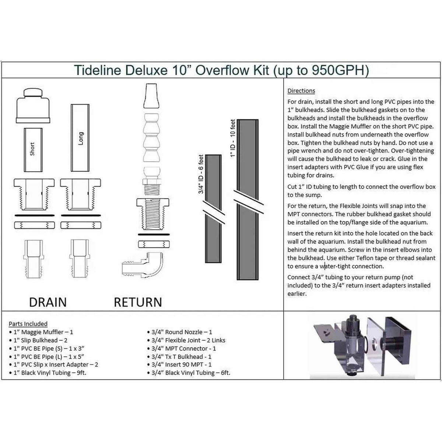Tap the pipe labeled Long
click(x=81, y=138)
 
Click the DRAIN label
click(x=48, y=302)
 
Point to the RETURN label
click(x=138, y=302)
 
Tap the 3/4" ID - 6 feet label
click(x=201, y=174)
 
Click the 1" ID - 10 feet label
click(x=233, y=138)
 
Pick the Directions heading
click(x=301, y=91)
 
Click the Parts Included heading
click(x=28, y=324)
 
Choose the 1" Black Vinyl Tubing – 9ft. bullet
click(x=50, y=372)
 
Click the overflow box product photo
click(x=362, y=347)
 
